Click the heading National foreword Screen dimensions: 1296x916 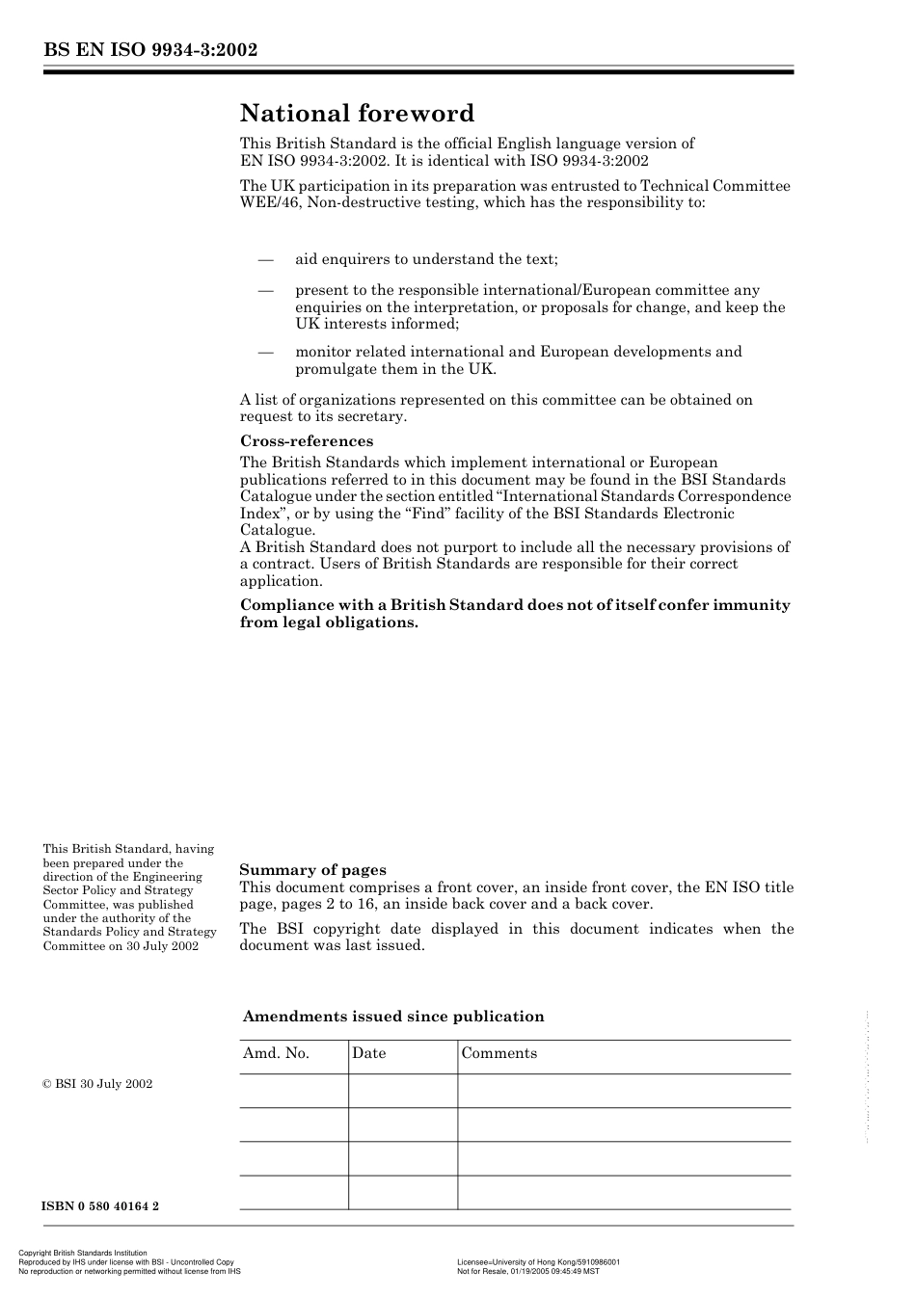[x=357, y=114]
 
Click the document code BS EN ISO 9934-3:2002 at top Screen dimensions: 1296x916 [x=150, y=51]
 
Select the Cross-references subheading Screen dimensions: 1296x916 [x=306, y=441]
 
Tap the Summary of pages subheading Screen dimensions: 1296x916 [x=312, y=870]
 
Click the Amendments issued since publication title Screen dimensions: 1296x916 [x=392, y=1017]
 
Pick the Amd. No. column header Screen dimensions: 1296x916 [x=276, y=1053]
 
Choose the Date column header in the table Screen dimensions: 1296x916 [x=368, y=1053]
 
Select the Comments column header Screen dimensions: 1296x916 [x=498, y=1053]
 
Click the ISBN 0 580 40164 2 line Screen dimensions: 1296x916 [x=100, y=1206]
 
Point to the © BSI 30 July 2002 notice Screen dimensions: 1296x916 [x=97, y=1084]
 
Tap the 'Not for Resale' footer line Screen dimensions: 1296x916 [x=527, y=1271]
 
